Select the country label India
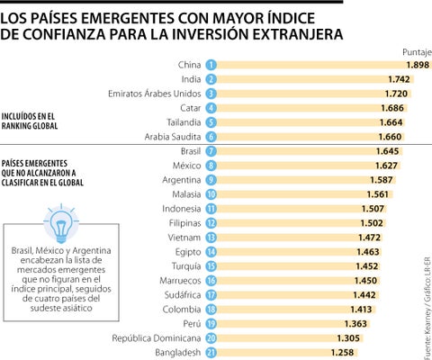pyautogui.click(x=189, y=79)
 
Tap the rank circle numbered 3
pyautogui.click(x=211, y=93)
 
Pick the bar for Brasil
pyautogui.click(x=297, y=150)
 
